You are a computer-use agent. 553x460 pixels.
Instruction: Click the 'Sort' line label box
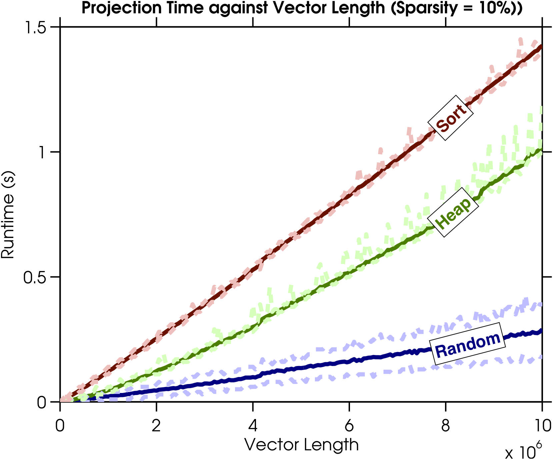pyautogui.click(x=451, y=118)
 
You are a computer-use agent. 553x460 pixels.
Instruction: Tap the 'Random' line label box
pyautogui.click(x=467, y=344)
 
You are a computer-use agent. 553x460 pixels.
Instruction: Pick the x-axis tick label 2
pyautogui.click(x=156, y=426)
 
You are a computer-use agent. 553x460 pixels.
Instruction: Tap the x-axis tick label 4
pyautogui.click(x=253, y=426)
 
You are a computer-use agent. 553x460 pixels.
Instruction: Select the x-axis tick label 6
pyautogui.click(x=349, y=426)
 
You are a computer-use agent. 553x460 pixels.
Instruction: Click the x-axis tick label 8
pyautogui.click(x=445, y=426)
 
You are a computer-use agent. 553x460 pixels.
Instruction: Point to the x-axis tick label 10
pyautogui.click(x=541, y=426)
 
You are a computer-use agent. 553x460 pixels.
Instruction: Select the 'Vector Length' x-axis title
pyautogui.click(x=301, y=445)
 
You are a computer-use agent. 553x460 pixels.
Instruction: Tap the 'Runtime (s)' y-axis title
pyautogui.click(x=8, y=215)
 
